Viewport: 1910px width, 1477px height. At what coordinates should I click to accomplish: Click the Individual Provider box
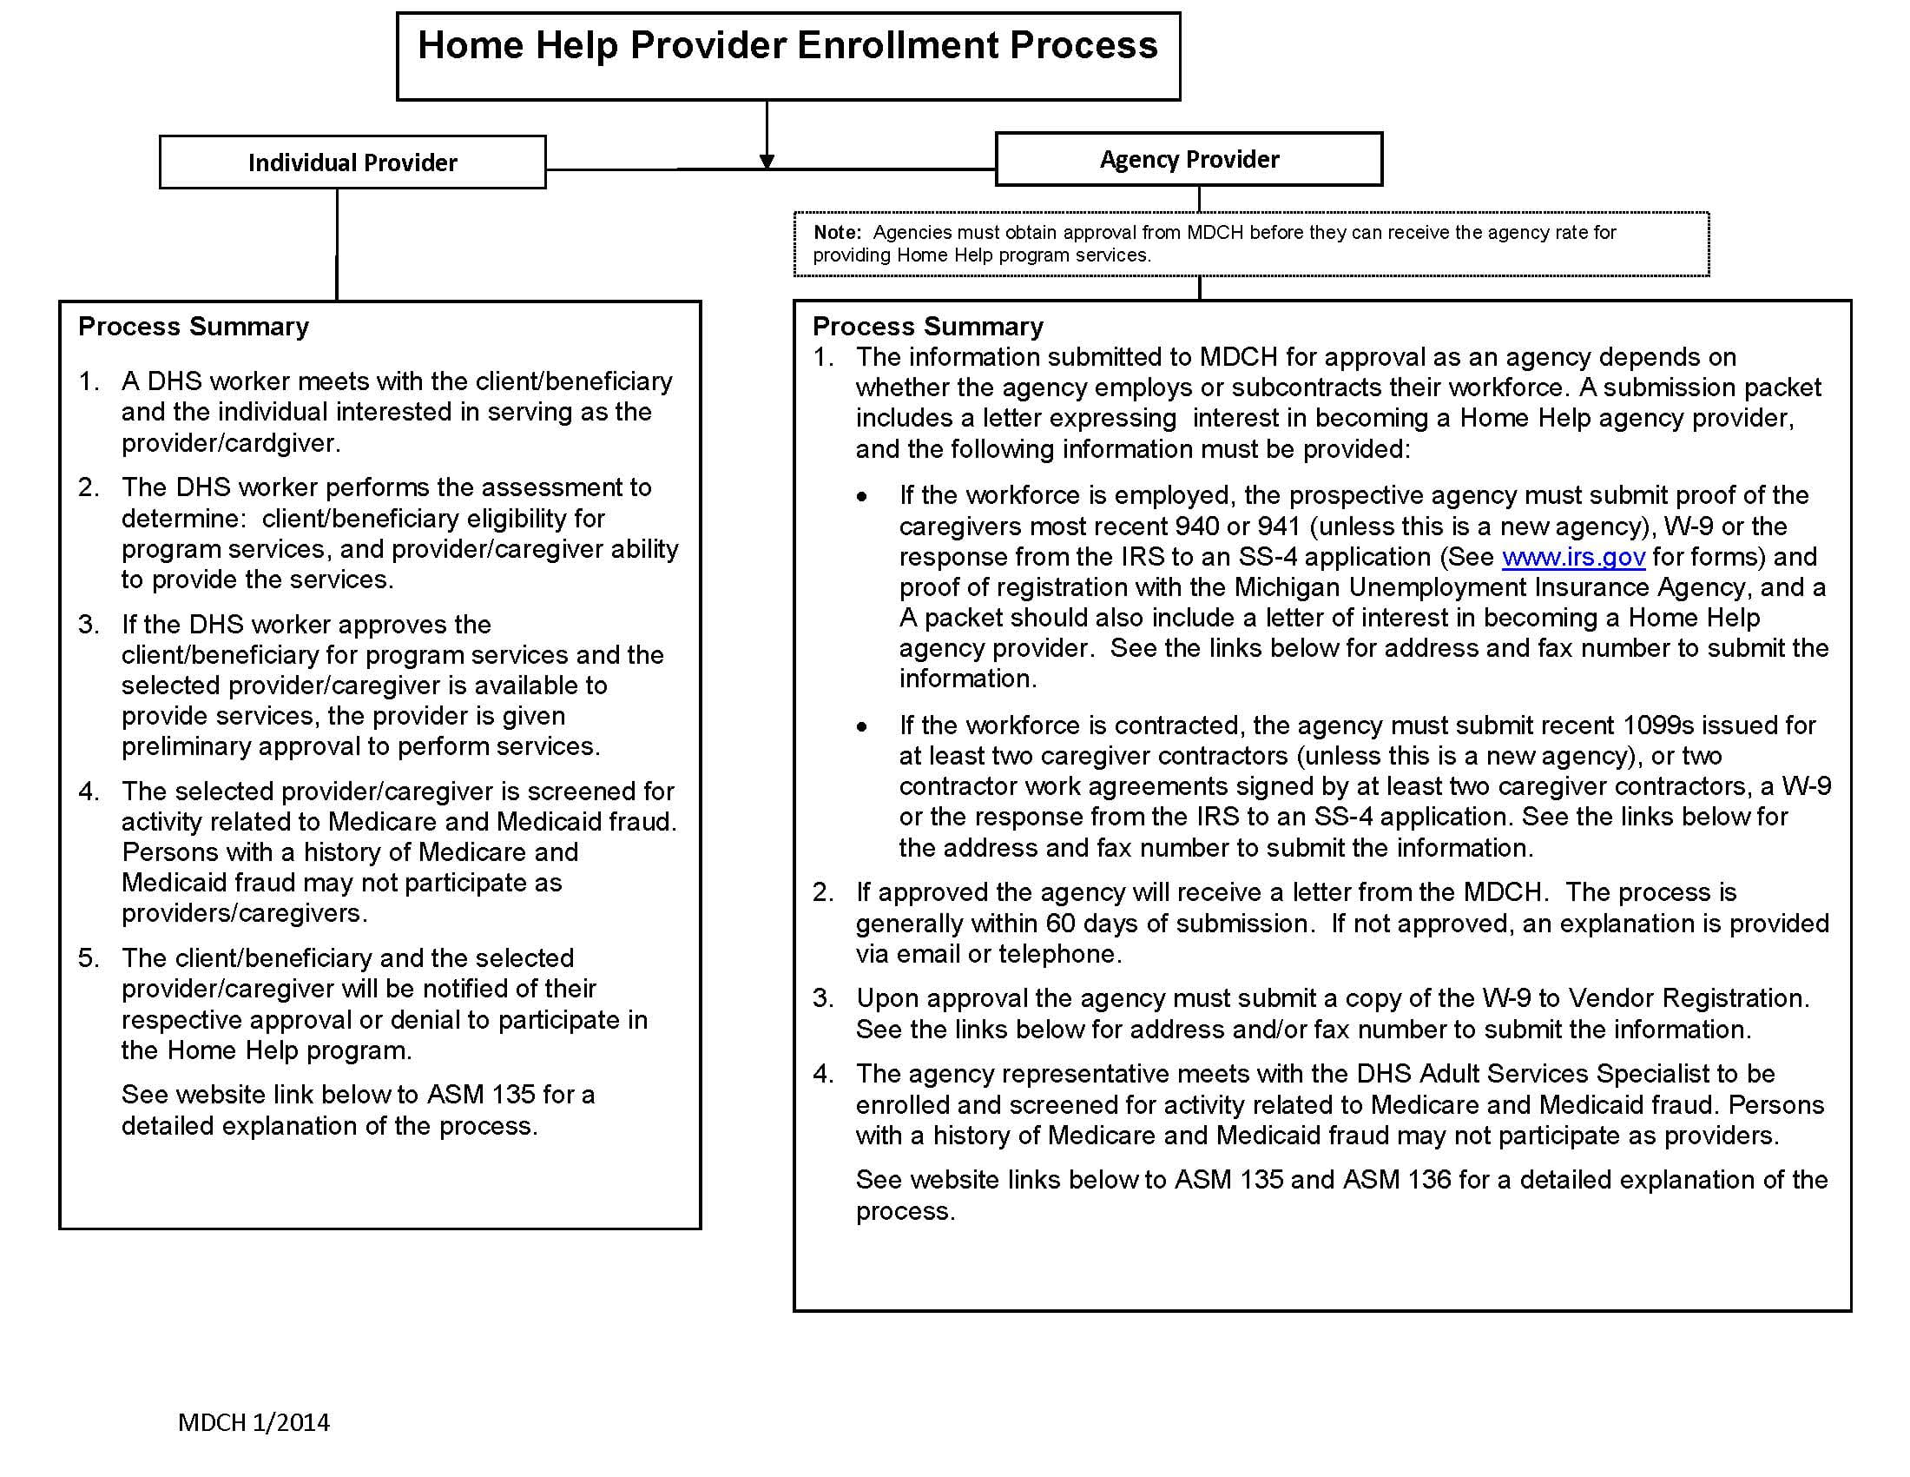(352, 162)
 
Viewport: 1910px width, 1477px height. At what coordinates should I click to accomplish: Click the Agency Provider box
(1189, 159)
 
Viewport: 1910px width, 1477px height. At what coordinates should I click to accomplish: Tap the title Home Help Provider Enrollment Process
(787, 46)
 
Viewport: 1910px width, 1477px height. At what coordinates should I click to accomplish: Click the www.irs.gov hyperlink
(1573, 558)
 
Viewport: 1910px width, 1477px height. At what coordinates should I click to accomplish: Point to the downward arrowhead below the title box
(767, 162)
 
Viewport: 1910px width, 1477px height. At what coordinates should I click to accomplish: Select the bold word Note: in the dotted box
(837, 233)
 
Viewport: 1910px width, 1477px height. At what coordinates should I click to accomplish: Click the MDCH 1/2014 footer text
(254, 1423)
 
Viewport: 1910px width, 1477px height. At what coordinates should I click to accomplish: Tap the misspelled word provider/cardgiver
(230, 444)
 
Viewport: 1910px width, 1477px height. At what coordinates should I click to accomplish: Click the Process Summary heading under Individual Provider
(194, 327)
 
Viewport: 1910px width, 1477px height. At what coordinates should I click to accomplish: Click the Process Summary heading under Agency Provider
(928, 327)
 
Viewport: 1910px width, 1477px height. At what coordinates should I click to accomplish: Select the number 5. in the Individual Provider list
(89, 958)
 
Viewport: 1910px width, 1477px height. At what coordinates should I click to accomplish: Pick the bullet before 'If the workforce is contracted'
(862, 726)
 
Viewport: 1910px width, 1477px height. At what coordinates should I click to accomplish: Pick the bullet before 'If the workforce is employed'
(862, 496)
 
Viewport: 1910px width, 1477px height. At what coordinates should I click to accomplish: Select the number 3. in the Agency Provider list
(823, 998)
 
